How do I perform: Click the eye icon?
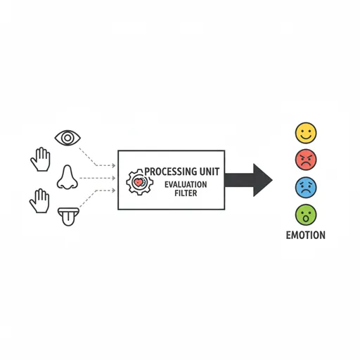pos(67,138)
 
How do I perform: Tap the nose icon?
pos(67,177)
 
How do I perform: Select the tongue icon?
pos(68,217)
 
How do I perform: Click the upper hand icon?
pos(41,159)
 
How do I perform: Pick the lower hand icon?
pos(39,200)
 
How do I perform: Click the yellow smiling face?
pos(306,133)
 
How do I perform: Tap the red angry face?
pos(306,160)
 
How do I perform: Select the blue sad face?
pos(306,188)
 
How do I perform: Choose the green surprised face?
pos(306,215)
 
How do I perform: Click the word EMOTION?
pos(306,235)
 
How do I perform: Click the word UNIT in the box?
pos(210,172)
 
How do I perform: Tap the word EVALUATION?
pos(186,185)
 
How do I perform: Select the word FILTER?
pos(186,193)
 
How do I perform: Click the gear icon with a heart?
pos(140,182)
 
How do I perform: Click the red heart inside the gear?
pos(139,182)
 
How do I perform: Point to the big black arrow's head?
pos(263,180)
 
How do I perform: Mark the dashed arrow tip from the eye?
pos(115,166)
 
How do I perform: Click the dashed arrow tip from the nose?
pos(115,178)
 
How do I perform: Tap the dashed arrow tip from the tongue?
pos(115,191)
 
